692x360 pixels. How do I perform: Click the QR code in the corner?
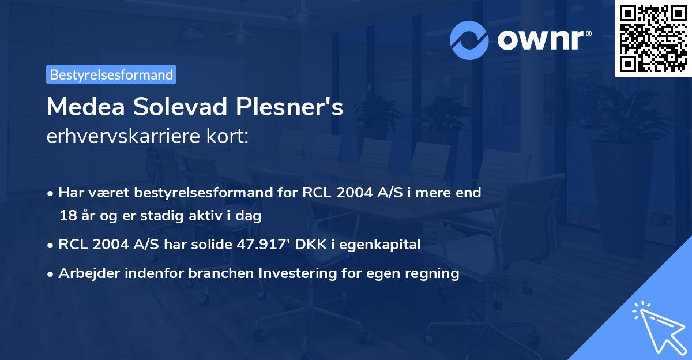tap(653, 38)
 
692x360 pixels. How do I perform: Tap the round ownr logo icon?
tap(469, 40)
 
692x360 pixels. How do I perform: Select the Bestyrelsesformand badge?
tap(111, 74)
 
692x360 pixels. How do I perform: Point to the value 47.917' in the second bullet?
tap(262, 245)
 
